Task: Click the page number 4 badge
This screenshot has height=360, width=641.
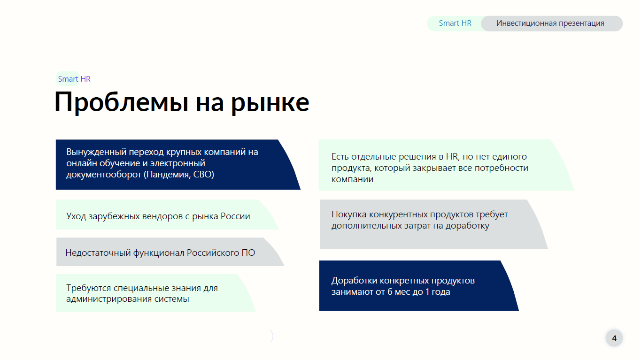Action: pyautogui.click(x=614, y=338)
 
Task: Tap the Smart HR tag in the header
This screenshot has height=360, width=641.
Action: pyautogui.click(x=455, y=23)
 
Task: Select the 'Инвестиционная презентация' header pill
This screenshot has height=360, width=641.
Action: pyautogui.click(x=550, y=23)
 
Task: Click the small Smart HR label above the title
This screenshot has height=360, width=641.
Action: pyautogui.click(x=74, y=79)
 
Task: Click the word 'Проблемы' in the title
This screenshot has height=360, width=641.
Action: pyautogui.click(x=121, y=102)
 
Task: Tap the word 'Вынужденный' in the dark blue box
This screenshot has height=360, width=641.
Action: pyautogui.click(x=96, y=152)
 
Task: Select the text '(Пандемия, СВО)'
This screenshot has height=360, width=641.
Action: pyautogui.click(x=179, y=174)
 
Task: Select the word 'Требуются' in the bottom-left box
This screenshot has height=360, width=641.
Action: pyautogui.click(x=89, y=288)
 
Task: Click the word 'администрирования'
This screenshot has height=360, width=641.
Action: pyautogui.click(x=109, y=299)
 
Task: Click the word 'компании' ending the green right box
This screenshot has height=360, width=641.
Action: pyautogui.click(x=353, y=179)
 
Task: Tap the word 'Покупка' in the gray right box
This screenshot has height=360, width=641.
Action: pyautogui.click(x=349, y=214)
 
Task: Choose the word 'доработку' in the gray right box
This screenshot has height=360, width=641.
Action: pyautogui.click(x=468, y=226)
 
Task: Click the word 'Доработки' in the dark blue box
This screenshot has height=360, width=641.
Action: pyautogui.click(x=354, y=281)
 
